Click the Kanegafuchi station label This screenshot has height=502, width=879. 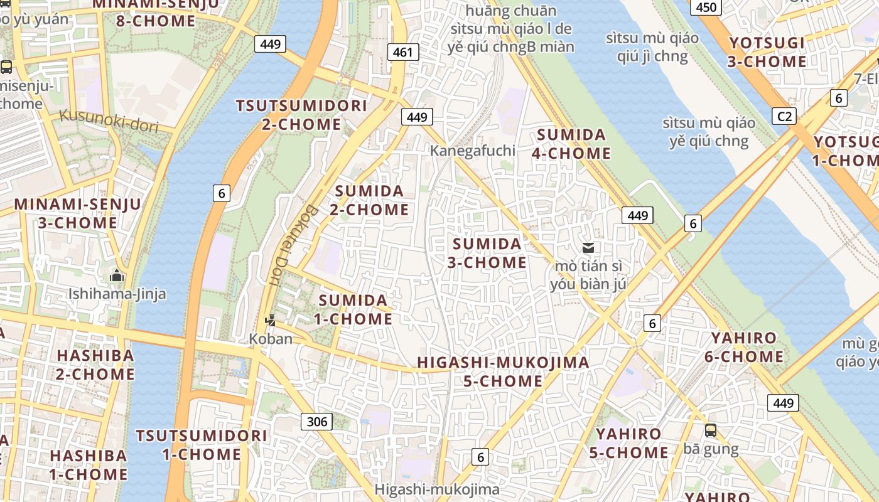[x=472, y=151]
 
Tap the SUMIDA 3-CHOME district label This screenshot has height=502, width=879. [x=487, y=253]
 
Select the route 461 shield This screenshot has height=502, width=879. [x=402, y=52]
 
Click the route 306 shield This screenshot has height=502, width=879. [x=317, y=421]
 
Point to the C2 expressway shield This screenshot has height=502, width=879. [x=785, y=116]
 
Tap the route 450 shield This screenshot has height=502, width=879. [x=706, y=8]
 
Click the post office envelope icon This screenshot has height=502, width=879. [x=588, y=248]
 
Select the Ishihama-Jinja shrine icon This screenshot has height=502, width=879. [x=117, y=275]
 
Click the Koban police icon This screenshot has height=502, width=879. [x=270, y=321]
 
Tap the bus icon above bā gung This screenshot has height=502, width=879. [x=711, y=430]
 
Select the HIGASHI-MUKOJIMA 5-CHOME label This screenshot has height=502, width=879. [x=503, y=371]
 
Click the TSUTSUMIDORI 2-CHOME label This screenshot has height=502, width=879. [x=301, y=115]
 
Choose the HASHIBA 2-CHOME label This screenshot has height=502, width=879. [x=95, y=365]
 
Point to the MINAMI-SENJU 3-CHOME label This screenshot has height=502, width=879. [x=78, y=213]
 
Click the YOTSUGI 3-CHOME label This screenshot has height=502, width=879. [x=767, y=52]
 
